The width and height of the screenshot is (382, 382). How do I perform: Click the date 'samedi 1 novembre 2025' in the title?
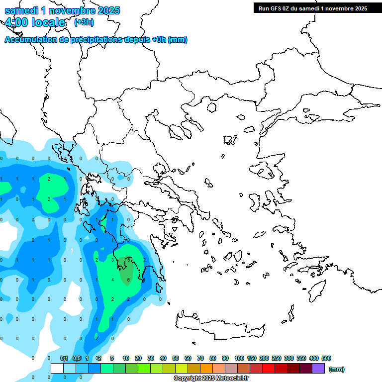pyautogui.click(x=62, y=10)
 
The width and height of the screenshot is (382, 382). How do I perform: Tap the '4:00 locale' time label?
pyautogui.click(x=35, y=22)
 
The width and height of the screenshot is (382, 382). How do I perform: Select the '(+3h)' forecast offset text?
pyautogui.click(x=84, y=22)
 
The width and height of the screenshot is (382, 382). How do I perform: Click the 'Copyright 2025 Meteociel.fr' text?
pyautogui.click(x=211, y=379)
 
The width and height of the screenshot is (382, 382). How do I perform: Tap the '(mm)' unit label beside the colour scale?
pyautogui.click(x=337, y=369)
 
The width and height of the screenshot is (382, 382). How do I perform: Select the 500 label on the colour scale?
pyautogui.click(x=326, y=358)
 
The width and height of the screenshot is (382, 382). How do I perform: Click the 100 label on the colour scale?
pyautogui.click(x=239, y=358)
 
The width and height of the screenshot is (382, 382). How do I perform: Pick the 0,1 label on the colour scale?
pyautogui.click(x=64, y=358)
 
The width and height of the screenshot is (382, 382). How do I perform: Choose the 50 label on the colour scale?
pyautogui.click(x=176, y=358)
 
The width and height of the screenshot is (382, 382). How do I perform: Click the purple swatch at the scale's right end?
pyautogui.click(x=318, y=368)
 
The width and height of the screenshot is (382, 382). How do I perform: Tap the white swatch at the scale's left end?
pyautogui.click(x=57, y=368)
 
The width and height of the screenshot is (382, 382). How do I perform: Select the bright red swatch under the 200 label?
pyautogui.click(x=269, y=368)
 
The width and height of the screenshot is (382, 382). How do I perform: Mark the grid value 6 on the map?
pyautogui.click(x=128, y=280)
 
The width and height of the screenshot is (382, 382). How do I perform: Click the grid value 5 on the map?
pyautogui.click(x=128, y=260)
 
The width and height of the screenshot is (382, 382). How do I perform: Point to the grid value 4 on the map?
pyautogui.click(x=113, y=280)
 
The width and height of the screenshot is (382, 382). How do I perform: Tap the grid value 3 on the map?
pyautogui.click(x=113, y=260)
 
